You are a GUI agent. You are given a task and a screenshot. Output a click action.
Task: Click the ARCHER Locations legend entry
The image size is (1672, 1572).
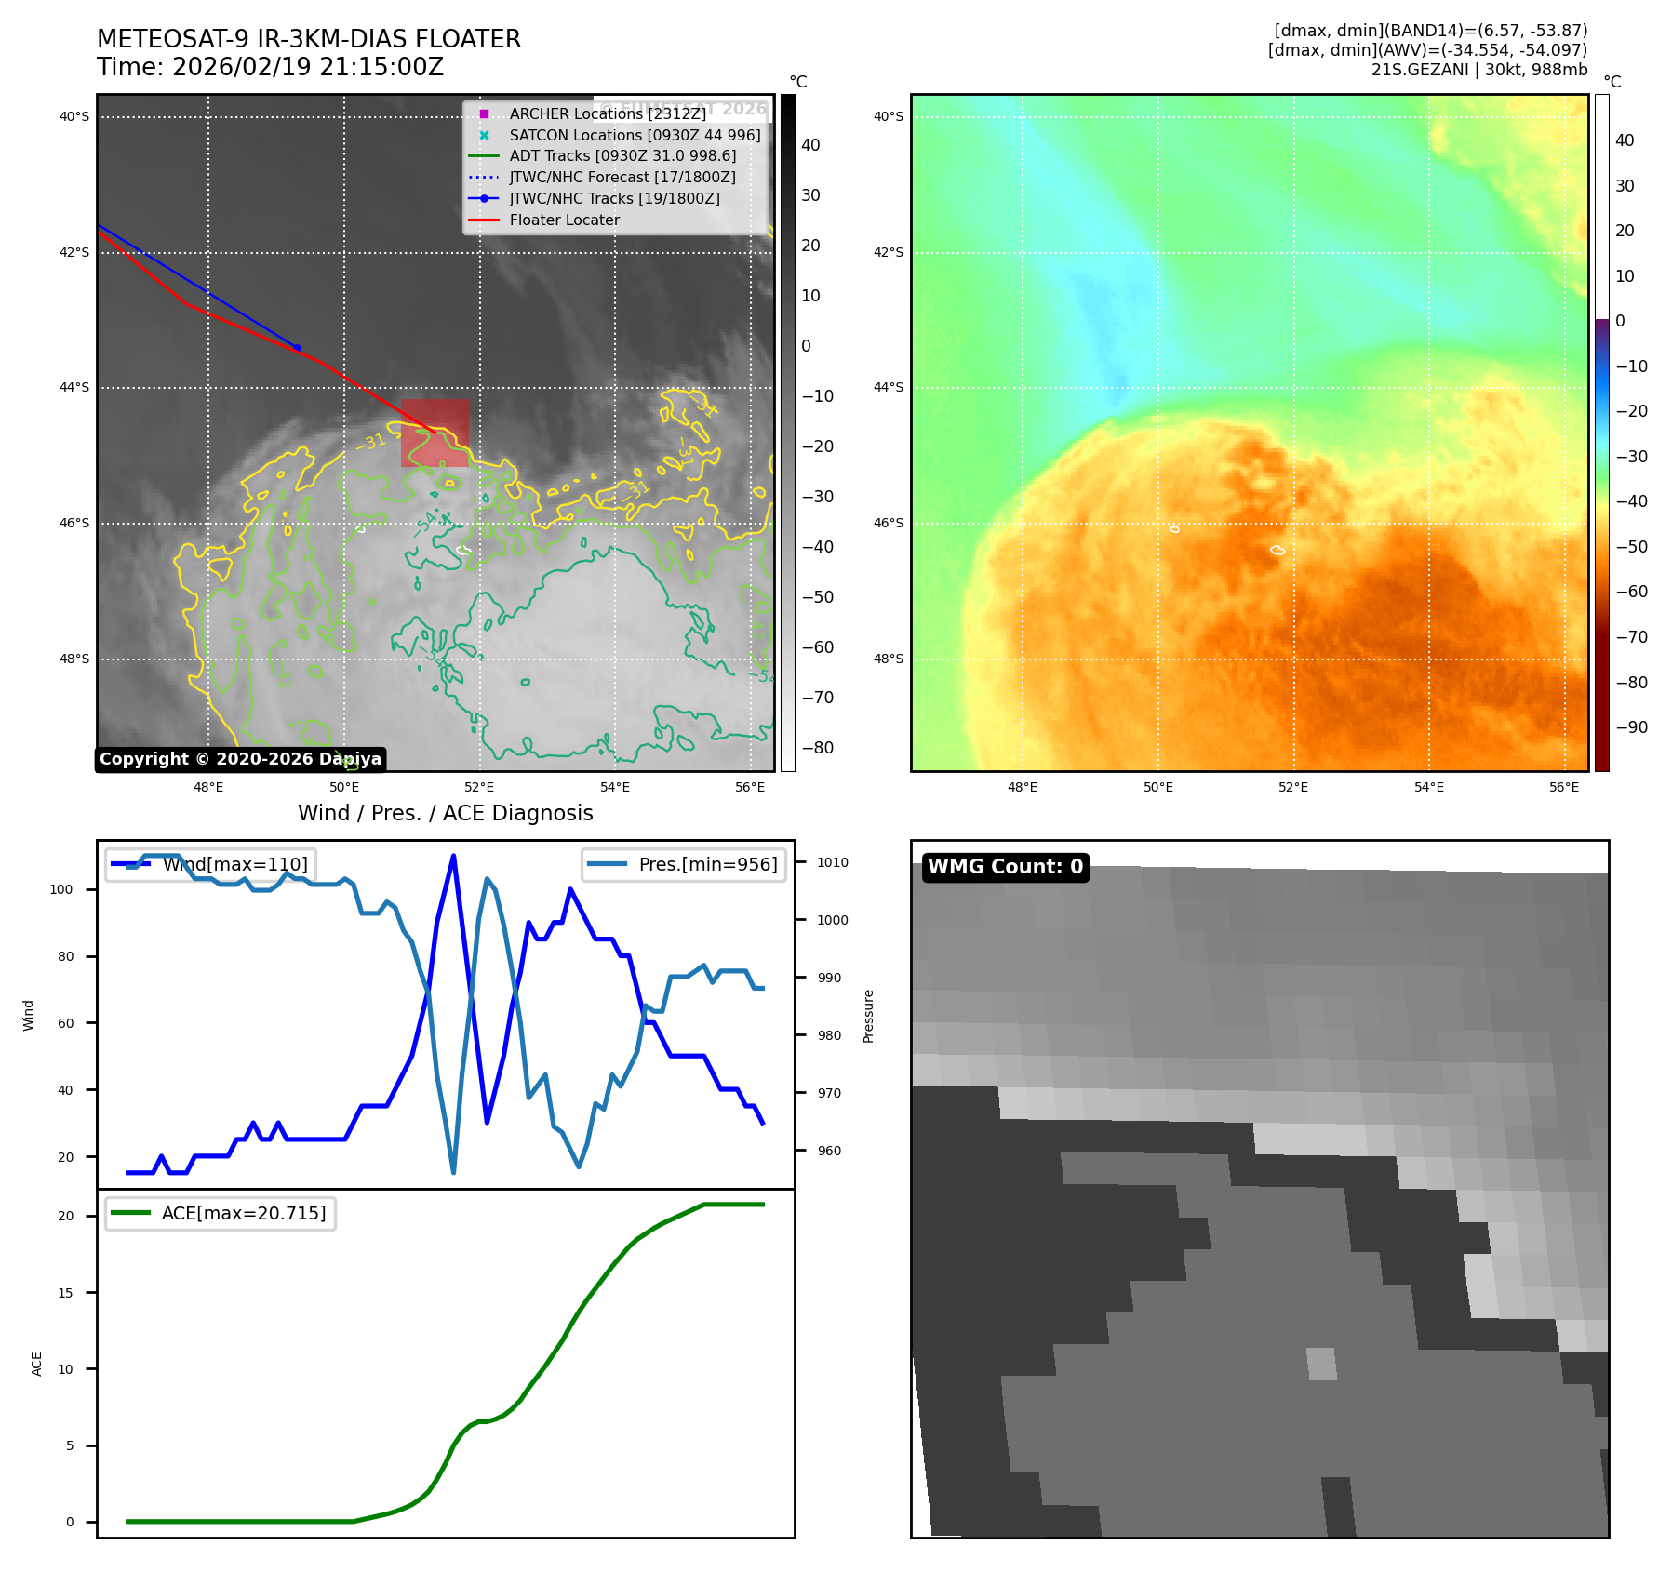607,113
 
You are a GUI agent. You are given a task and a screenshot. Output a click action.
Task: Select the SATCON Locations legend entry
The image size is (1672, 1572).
634,135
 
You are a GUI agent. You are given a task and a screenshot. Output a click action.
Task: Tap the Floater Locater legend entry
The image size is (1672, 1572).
564,220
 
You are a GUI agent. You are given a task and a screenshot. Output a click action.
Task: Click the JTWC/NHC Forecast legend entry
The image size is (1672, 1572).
622,177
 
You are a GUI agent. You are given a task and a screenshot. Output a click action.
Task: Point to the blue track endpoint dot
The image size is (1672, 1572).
297,348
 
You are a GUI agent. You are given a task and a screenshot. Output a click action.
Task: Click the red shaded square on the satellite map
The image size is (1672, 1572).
435,433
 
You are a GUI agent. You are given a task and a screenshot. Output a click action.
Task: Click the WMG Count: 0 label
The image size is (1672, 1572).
1005,867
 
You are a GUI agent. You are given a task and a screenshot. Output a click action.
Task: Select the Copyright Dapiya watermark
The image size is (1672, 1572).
240,759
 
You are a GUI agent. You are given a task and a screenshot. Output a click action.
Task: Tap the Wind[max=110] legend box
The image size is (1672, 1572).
210,864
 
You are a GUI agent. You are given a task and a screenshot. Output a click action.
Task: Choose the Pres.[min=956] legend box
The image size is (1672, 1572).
684,864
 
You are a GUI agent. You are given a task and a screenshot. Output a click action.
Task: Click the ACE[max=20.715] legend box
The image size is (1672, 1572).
221,1213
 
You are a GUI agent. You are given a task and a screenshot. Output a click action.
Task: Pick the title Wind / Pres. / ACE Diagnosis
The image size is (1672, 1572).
445,813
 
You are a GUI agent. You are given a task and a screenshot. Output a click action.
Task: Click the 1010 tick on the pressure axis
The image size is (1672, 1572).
832,862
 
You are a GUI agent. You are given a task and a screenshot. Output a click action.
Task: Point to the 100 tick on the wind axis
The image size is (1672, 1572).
61,889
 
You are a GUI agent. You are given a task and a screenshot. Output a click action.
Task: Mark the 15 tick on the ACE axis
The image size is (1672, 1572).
65,1293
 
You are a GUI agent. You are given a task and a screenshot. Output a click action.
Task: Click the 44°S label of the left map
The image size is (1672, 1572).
74,388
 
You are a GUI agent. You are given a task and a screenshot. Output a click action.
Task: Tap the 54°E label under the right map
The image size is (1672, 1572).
1428,787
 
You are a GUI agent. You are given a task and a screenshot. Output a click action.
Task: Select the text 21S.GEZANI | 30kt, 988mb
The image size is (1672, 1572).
1478,70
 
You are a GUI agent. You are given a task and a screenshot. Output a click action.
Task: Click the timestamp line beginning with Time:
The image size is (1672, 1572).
270,67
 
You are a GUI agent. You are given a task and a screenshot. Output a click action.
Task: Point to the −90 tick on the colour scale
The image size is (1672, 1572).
1631,727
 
